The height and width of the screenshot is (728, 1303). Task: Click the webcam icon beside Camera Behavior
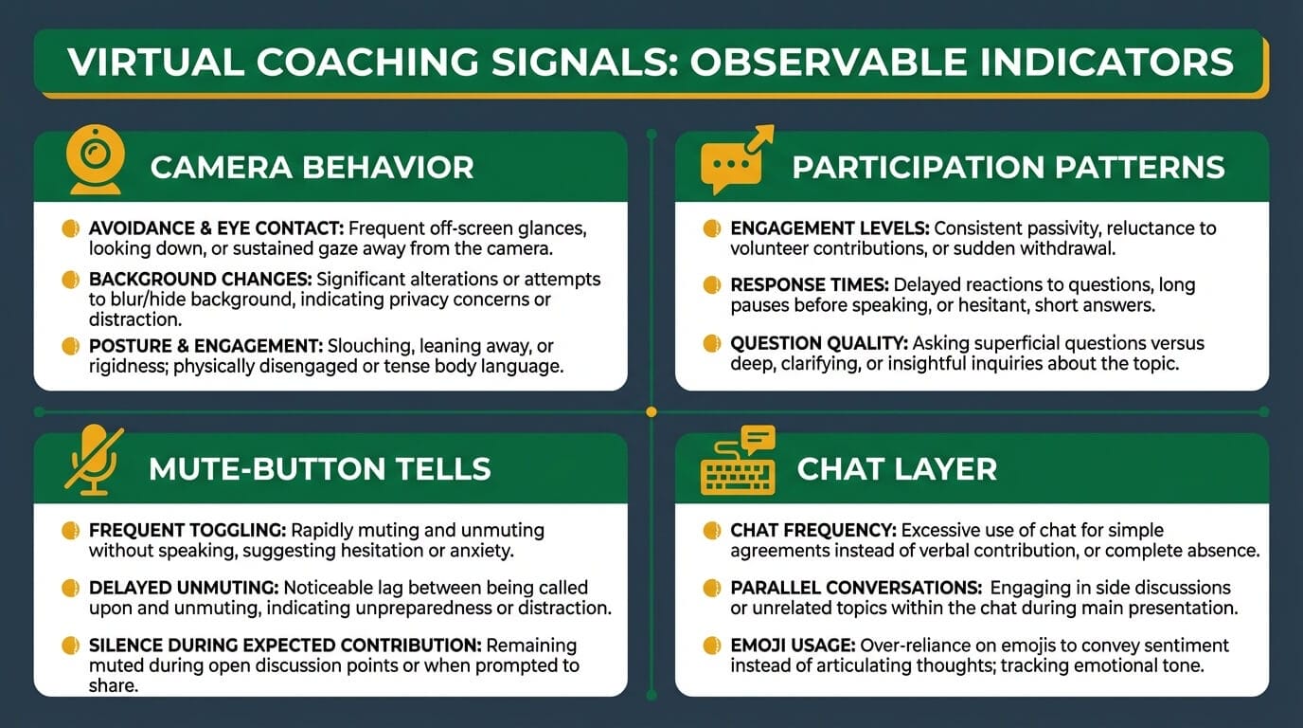tap(95, 159)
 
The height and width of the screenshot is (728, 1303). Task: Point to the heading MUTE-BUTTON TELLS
tap(319, 468)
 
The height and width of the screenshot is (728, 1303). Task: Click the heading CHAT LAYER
tap(897, 468)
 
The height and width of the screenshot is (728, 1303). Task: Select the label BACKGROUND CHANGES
tap(200, 281)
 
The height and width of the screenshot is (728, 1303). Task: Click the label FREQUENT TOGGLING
tap(187, 531)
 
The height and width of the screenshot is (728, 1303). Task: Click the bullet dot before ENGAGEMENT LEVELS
tap(711, 228)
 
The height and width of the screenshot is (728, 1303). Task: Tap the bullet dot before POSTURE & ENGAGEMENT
tap(69, 346)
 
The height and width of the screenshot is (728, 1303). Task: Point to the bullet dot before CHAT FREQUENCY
tap(711, 531)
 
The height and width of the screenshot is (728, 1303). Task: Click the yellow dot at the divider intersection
tap(651, 411)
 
